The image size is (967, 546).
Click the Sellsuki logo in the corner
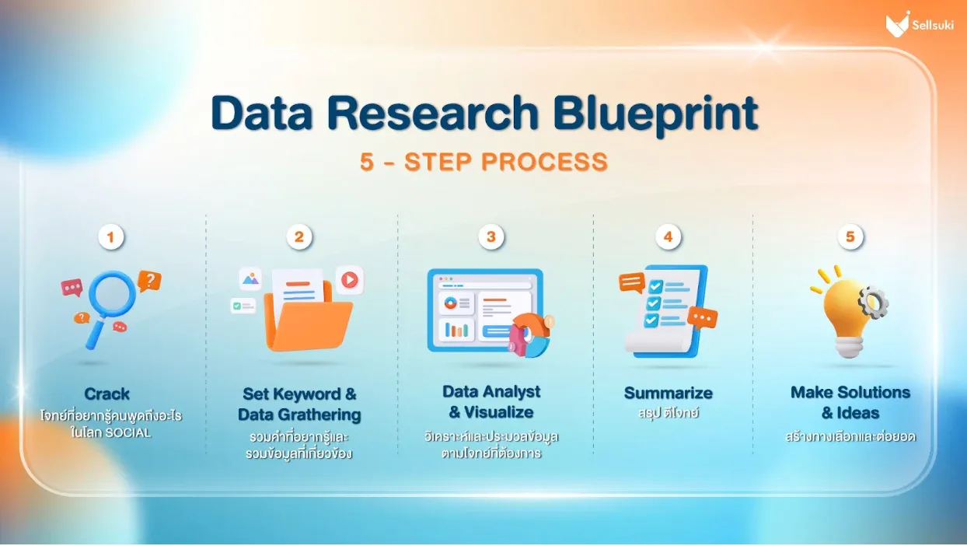(x=920, y=24)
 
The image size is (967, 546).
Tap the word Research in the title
(x=432, y=114)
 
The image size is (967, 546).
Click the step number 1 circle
(x=111, y=237)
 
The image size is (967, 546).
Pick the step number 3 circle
(x=490, y=236)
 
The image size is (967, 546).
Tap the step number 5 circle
(x=850, y=236)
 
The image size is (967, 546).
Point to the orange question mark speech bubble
(x=149, y=282)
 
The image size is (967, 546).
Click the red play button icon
(x=350, y=280)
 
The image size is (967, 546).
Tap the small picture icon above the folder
(x=250, y=279)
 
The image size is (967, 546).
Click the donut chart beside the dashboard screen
(x=530, y=336)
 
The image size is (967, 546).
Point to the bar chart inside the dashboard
(x=456, y=331)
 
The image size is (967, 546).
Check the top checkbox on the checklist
(x=655, y=286)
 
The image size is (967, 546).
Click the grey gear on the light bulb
(x=873, y=303)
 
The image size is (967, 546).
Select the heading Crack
(x=106, y=394)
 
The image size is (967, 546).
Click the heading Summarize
(x=668, y=393)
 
